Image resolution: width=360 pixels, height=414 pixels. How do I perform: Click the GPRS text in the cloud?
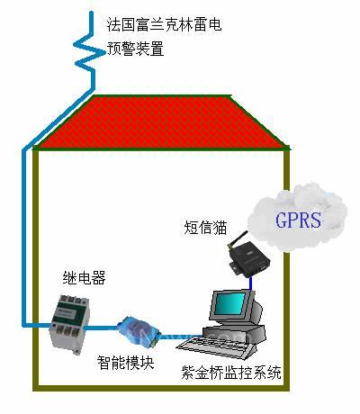pyautogui.click(x=298, y=220)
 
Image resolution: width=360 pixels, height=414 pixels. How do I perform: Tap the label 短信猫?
pyautogui.click(x=205, y=227)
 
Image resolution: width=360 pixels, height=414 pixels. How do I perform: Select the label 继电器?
pyautogui.click(x=85, y=278)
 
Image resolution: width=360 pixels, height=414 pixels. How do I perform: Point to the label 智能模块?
pyautogui.click(x=125, y=363)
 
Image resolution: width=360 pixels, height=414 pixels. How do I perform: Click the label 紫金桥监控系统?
pyautogui.click(x=231, y=373)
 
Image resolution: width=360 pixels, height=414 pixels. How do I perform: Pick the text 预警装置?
pyautogui.click(x=136, y=49)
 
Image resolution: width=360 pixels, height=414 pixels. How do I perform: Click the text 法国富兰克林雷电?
pyautogui.click(x=165, y=24)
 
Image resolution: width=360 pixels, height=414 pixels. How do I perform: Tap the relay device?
pyautogui.click(x=68, y=324)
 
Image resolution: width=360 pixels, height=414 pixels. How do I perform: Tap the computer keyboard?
pyautogui.click(x=217, y=347)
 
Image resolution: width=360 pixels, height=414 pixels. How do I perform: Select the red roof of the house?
pyautogui.click(x=162, y=122)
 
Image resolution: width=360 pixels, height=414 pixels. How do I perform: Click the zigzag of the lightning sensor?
pyautogui.click(x=87, y=51)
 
